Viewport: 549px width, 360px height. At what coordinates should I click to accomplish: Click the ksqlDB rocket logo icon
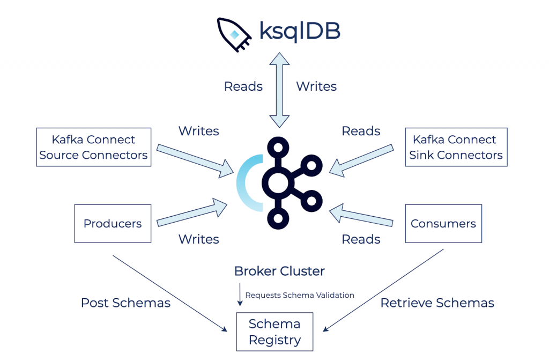234,34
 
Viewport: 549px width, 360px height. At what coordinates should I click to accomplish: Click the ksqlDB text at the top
299,31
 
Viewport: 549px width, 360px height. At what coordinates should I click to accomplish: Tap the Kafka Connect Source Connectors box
93,148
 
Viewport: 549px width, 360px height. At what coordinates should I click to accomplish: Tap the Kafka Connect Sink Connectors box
456,148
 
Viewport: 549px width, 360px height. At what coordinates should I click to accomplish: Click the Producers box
113,223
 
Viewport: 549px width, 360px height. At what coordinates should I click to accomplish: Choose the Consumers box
443,223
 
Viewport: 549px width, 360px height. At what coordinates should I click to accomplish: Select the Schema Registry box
274,332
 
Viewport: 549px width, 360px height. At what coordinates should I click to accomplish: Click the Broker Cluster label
279,271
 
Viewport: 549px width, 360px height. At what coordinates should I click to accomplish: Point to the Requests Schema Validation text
299,295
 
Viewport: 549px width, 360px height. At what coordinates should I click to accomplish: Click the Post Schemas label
125,303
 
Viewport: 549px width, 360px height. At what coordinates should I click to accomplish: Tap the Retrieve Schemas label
437,303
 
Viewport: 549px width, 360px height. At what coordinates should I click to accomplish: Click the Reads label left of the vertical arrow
243,86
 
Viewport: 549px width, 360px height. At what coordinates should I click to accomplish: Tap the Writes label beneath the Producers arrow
199,239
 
